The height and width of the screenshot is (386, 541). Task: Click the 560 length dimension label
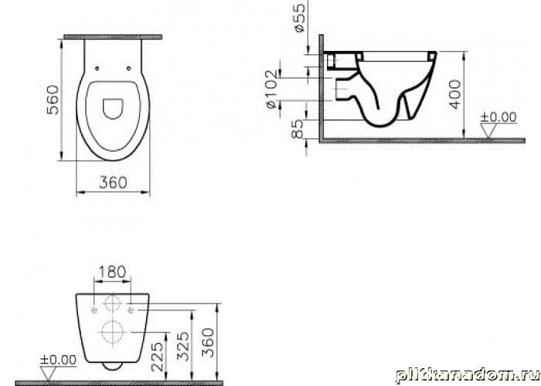(53, 100)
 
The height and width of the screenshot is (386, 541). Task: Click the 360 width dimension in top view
(113, 182)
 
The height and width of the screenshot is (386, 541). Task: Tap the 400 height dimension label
(455, 94)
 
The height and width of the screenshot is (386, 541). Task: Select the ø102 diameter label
(272, 89)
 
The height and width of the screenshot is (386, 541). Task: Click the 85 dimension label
(297, 129)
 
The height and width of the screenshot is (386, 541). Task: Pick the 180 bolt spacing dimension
(112, 272)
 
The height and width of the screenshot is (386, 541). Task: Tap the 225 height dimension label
(158, 357)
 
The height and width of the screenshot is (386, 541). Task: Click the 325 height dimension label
(183, 347)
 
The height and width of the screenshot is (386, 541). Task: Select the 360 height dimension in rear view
(208, 343)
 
